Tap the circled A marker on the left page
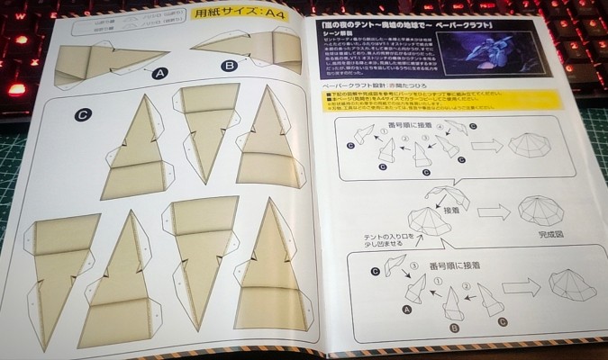tap(161, 74)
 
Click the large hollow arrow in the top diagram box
tap(487, 146)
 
